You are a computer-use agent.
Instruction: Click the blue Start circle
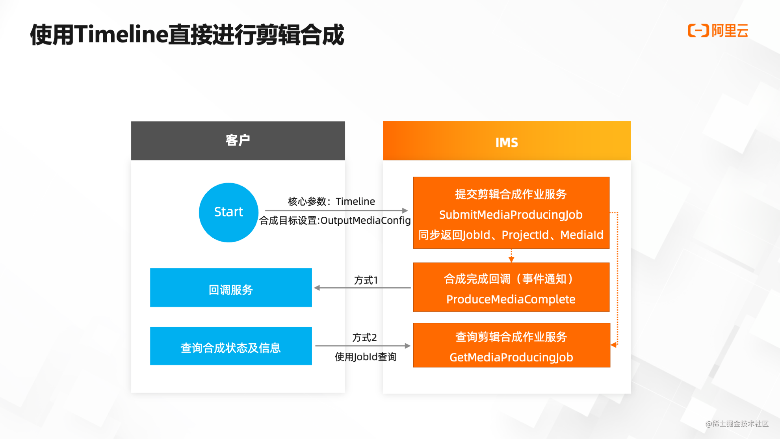click(228, 212)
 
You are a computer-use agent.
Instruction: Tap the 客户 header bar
click(238, 140)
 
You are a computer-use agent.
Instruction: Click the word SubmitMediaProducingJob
click(511, 214)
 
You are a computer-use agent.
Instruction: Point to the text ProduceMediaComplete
click(511, 299)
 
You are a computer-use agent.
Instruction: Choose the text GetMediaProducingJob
click(511, 357)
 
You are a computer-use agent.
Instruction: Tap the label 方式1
click(366, 280)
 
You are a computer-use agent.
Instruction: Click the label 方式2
click(364, 337)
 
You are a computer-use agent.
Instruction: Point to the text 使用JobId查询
click(366, 357)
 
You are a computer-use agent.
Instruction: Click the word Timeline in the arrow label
click(355, 201)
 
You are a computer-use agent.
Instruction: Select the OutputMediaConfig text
click(366, 220)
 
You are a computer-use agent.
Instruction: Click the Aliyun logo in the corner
click(717, 31)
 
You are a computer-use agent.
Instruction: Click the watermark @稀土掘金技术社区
click(737, 424)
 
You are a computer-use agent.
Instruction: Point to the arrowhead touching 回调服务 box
click(317, 288)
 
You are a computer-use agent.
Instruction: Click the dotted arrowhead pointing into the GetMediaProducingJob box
click(613, 345)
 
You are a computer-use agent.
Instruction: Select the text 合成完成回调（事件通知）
click(511, 279)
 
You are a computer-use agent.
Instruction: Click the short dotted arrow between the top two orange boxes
click(511, 256)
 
